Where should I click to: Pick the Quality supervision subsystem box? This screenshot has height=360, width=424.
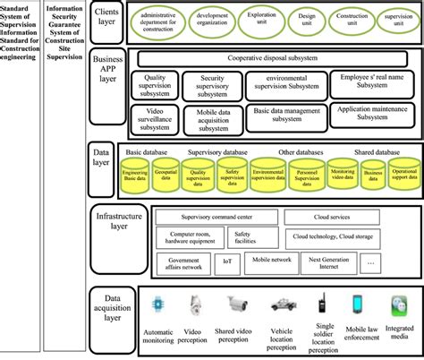[157, 84]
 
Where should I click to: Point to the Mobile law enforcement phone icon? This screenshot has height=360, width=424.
[359, 304]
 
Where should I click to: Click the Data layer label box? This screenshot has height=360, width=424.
[106, 157]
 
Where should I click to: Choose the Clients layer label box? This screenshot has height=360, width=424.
[108, 20]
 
